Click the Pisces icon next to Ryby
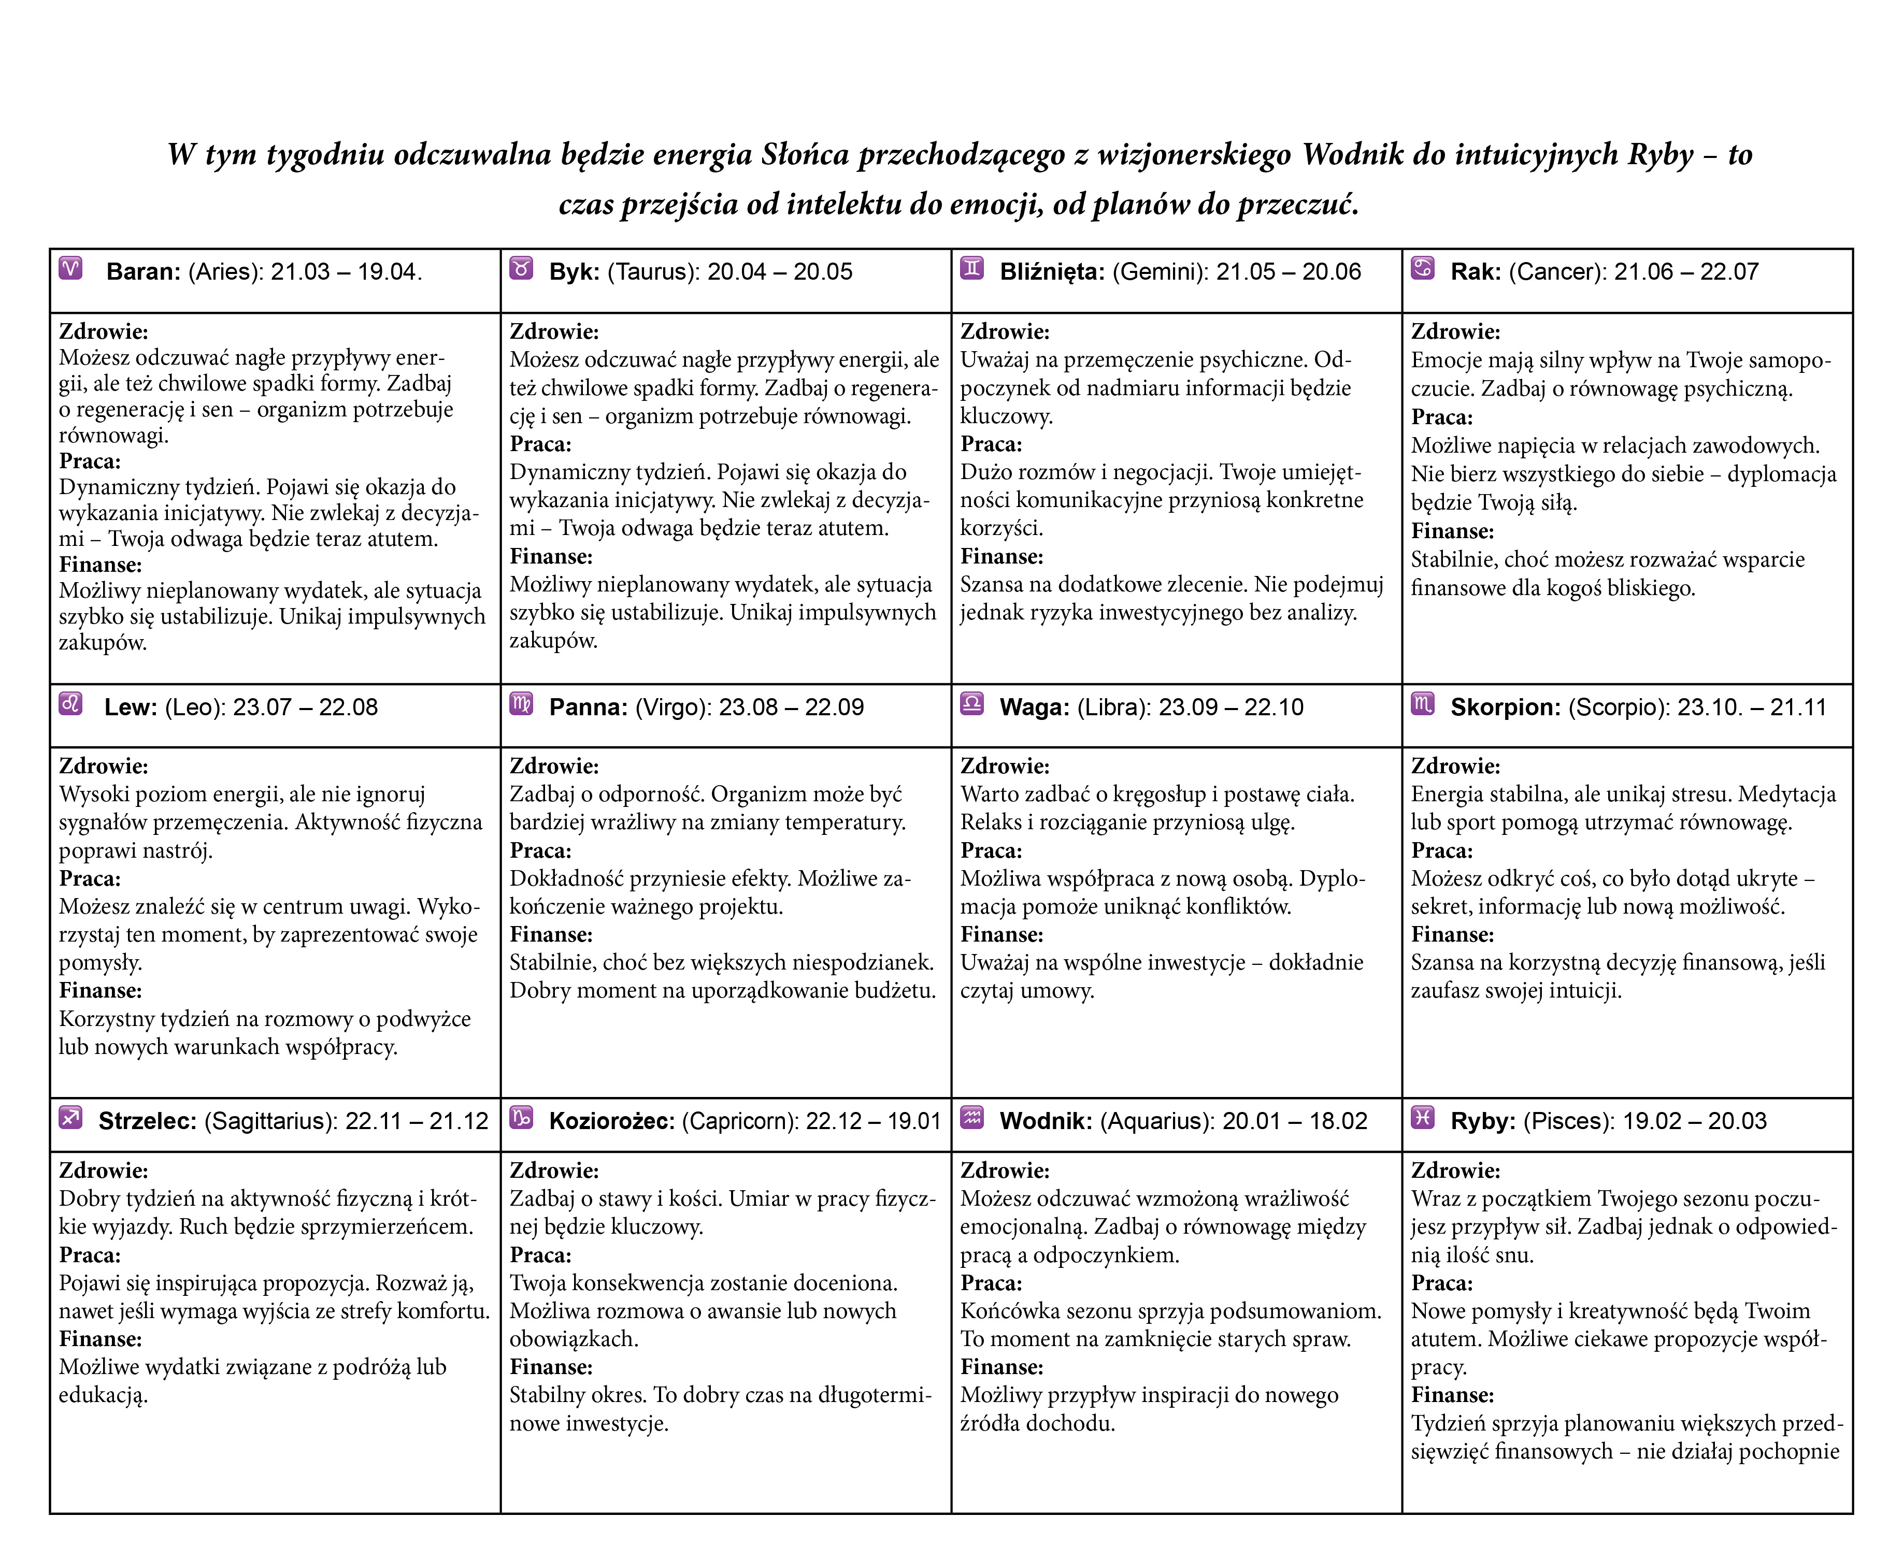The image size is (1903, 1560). (x=1423, y=1117)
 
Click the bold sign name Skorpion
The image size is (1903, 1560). (x=1505, y=707)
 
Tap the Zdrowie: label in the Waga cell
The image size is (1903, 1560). (x=1004, y=765)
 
